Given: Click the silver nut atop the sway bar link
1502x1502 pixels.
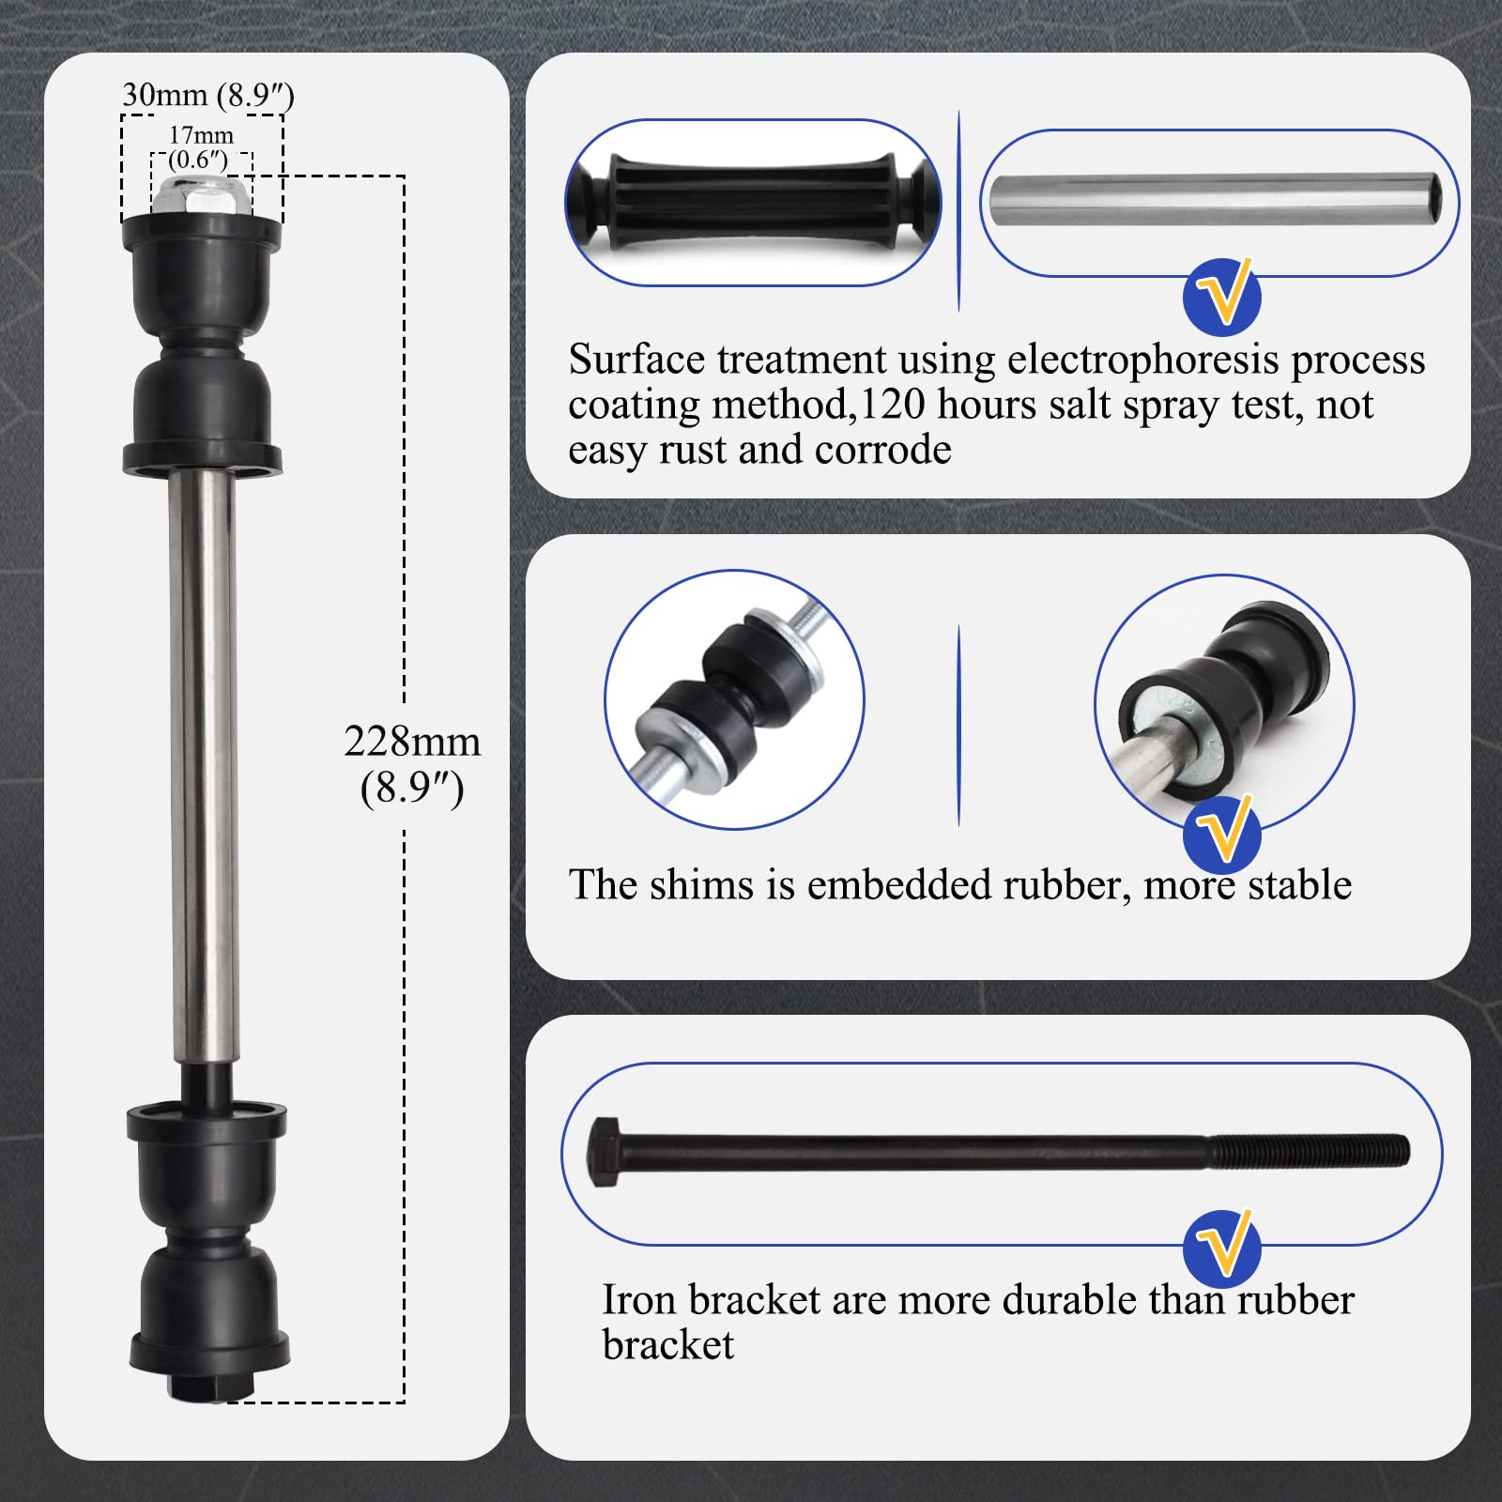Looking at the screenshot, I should [x=202, y=194].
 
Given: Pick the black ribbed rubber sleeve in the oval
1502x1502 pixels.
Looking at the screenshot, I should [x=752, y=203].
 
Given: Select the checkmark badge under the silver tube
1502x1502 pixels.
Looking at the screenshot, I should [x=1221, y=297].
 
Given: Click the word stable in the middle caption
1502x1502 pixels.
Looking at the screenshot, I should [x=1298, y=884].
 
